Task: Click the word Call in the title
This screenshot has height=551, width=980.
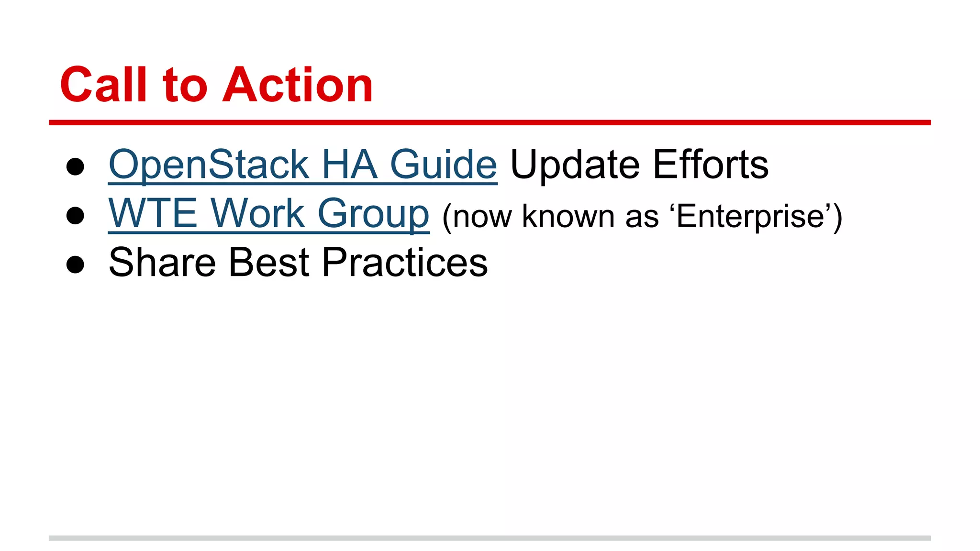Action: [103, 85]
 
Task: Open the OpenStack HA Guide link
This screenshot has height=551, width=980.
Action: [302, 165]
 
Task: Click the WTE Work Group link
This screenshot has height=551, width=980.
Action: [268, 214]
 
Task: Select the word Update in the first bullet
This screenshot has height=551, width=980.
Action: [575, 165]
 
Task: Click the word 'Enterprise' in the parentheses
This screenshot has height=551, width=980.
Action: [750, 217]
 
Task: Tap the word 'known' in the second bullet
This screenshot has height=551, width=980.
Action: [568, 216]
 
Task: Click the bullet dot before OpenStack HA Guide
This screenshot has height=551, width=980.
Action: [76, 167]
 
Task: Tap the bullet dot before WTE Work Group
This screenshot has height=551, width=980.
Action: [76, 215]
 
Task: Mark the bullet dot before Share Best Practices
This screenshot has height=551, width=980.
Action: [76, 264]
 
